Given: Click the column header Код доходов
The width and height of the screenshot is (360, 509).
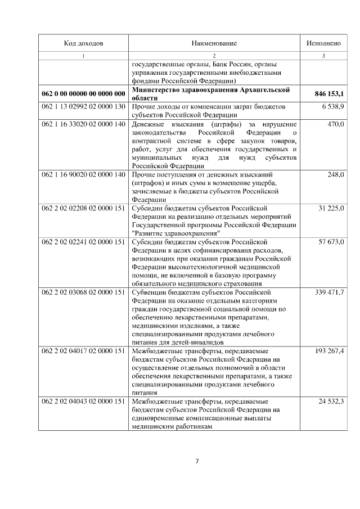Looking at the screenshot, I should point(83,43).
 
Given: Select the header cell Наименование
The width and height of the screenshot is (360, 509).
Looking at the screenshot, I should point(214,43).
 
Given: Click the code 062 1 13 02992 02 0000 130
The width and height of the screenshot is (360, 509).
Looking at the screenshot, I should point(83,106).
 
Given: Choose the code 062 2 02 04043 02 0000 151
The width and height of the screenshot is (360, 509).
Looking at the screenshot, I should point(83,402).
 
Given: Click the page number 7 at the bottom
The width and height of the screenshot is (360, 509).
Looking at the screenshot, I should point(197,462).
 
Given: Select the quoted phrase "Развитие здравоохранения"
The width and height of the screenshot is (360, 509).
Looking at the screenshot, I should point(175,233).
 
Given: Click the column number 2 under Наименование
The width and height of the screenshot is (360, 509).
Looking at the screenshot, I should point(214,56).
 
